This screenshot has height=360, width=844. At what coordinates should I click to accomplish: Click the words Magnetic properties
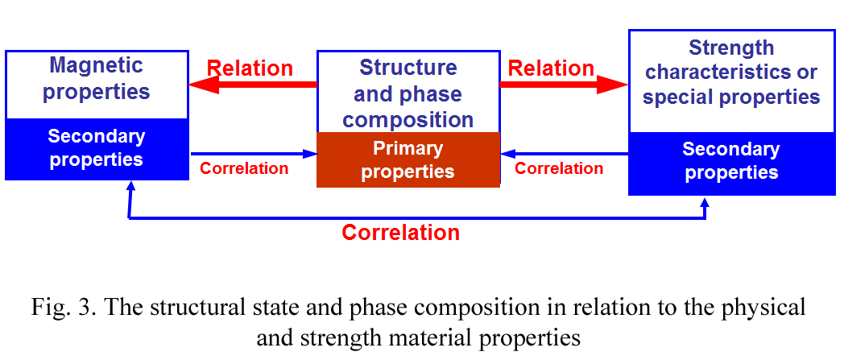coord(97,79)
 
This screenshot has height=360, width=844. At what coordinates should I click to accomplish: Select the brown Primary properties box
coord(408,159)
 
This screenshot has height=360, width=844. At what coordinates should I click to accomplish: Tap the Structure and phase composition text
coord(408,93)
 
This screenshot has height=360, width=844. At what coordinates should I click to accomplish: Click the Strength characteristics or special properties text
coord(731,72)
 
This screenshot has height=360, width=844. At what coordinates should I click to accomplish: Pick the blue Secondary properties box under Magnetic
coord(97,149)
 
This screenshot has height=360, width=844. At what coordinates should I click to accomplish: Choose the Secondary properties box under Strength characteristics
coord(731,163)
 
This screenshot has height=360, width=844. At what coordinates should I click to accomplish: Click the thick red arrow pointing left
coord(252,85)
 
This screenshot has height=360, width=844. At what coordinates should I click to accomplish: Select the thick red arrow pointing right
coord(564,85)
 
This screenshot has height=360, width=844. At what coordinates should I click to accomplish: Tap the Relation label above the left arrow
coord(250,68)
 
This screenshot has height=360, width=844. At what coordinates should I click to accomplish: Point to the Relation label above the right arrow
coord(551,68)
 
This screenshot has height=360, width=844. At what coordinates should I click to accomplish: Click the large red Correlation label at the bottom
coord(401,233)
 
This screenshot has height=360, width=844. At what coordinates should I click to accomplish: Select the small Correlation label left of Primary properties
coord(244,168)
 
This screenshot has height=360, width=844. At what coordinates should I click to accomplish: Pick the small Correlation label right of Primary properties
coord(559,168)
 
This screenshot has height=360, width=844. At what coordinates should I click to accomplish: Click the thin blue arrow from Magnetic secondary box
coord(254,155)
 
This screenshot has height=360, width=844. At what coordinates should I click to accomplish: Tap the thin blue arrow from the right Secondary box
coord(564,155)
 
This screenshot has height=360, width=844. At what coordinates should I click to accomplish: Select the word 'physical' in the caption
coord(764,308)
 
